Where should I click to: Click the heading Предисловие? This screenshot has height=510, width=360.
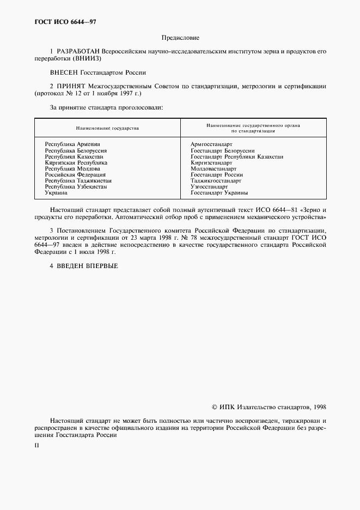[180, 38]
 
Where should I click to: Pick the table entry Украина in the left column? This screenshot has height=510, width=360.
[56, 193]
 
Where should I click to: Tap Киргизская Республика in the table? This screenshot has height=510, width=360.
[76, 162]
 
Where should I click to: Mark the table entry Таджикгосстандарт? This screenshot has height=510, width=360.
[216, 180]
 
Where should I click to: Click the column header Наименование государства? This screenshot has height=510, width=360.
[107, 129]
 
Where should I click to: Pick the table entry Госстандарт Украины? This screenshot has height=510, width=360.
[219, 193]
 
